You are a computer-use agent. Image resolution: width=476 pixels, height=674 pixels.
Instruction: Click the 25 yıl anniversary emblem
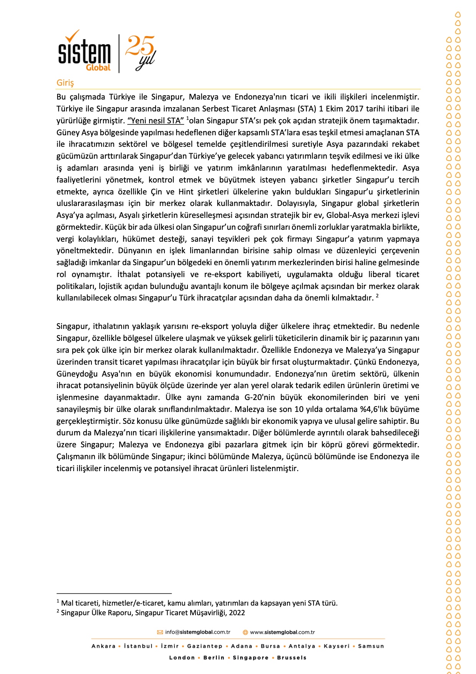click(140, 53)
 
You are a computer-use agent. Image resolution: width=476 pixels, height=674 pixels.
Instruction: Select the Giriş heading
click(65, 83)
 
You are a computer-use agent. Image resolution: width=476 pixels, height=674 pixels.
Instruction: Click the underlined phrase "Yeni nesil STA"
click(156, 121)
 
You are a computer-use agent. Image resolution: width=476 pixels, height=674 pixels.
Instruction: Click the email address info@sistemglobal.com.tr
click(197, 632)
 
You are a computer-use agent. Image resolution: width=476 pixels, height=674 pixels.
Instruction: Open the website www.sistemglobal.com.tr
click(282, 632)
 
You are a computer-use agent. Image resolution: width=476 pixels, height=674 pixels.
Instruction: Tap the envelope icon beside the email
click(160, 632)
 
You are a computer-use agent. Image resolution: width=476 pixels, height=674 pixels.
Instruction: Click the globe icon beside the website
click(245, 632)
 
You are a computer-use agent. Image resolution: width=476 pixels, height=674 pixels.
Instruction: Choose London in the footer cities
click(182, 657)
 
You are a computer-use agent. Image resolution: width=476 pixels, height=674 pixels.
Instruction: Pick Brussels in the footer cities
click(292, 657)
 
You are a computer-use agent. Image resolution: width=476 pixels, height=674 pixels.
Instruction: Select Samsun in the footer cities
click(371, 646)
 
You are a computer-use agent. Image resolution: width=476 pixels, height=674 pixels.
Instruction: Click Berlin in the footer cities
click(214, 657)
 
